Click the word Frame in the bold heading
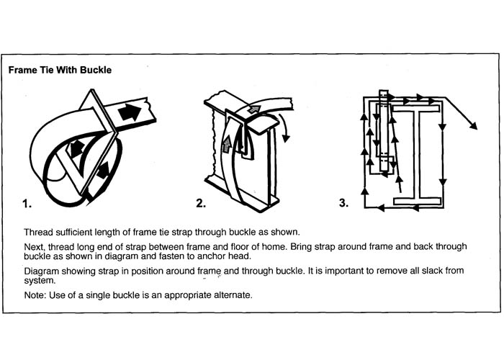[22, 71]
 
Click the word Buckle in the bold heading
[94, 71]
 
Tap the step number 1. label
[27, 204]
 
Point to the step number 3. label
[343, 204]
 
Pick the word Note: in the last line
[37, 295]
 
